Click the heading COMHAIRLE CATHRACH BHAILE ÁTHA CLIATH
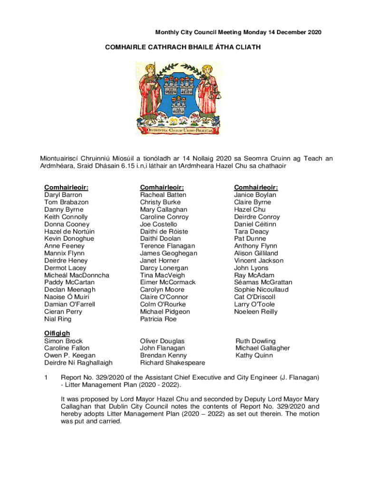click(x=183, y=47)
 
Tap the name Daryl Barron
click(x=63, y=195)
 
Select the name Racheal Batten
click(x=163, y=195)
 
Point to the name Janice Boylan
click(x=255, y=195)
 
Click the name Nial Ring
click(x=58, y=319)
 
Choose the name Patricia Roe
click(x=158, y=319)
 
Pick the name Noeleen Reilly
click(x=256, y=312)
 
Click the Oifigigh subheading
click(x=57, y=333)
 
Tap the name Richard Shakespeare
click(x=173, y=363)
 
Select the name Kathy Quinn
click(x=254, y=355)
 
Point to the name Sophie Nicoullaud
click(x=261, y=290)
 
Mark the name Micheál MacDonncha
click(x=77, y=275)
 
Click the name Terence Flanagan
click(x=168, y=246)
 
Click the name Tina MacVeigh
click(x=163, y=275)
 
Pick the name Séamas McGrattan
click(x=263, y=282)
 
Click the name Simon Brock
click(x=63, y=341)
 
